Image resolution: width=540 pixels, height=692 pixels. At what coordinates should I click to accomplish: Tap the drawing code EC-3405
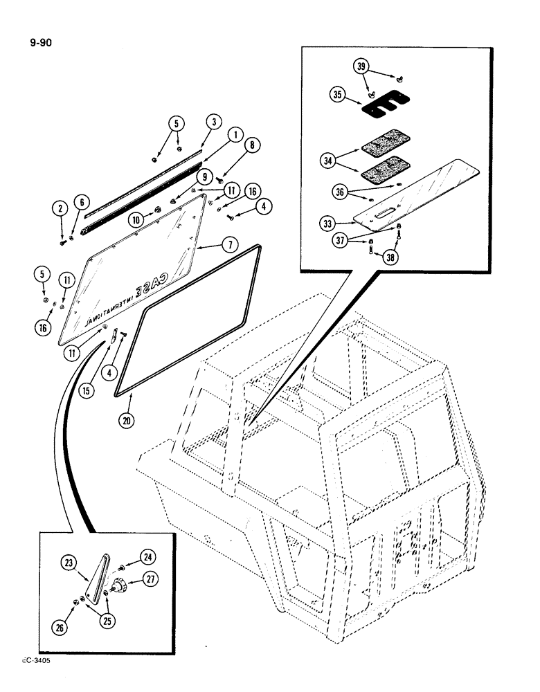pos(30,660)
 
